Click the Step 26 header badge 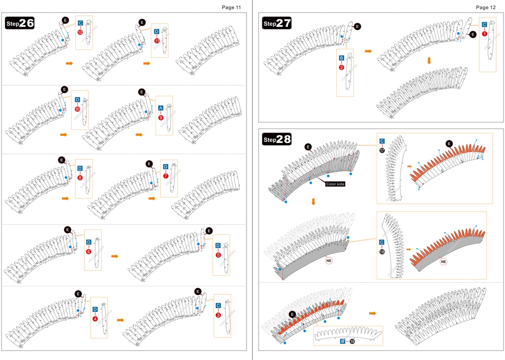click(20, 23)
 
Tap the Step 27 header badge click(277, 23)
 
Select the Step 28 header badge click(277, 139)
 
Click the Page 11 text click(231, 7)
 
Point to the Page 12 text click(486, 7)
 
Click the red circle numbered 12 click(80, 32)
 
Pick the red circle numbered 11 click(157, 40)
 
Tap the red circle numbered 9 click(161, 117)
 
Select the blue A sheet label click(161, 108)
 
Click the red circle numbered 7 click(166, 176)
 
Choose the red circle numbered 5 click(218, 255)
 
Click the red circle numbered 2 click(342, 67)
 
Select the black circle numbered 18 click(382, 251)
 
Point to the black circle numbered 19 click(352, 341)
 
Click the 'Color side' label click(335, 184)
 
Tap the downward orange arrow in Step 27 click(429, 61)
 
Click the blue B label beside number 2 click(342, 58)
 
